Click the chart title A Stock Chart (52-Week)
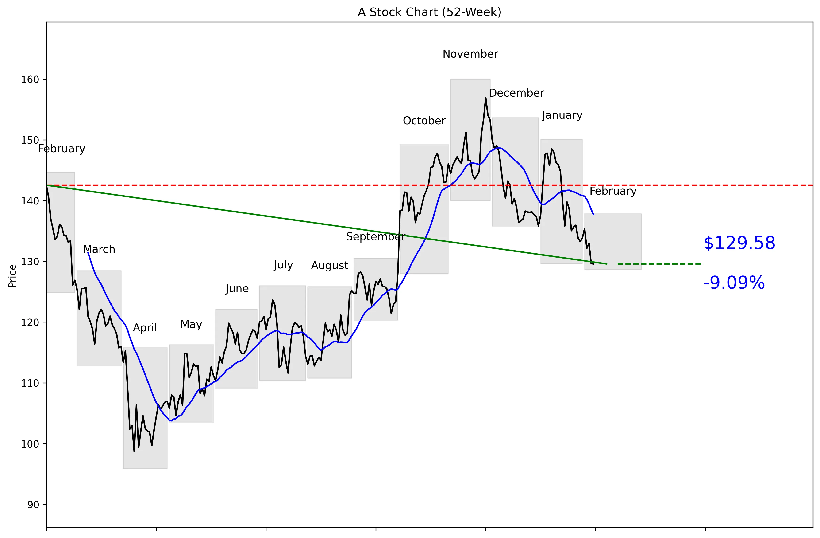(429, 12)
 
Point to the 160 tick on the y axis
(30, 80)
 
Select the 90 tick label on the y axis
(33, 505)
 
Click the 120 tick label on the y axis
(30, 322)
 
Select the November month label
(470, 54)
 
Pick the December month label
(516, 93)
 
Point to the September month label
(375, 237)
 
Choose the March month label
(99, 249)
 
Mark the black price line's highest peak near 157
(485, 98)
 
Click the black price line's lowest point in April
(134, 451)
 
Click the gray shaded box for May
(191, 383)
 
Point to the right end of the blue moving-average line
(593, 215)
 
